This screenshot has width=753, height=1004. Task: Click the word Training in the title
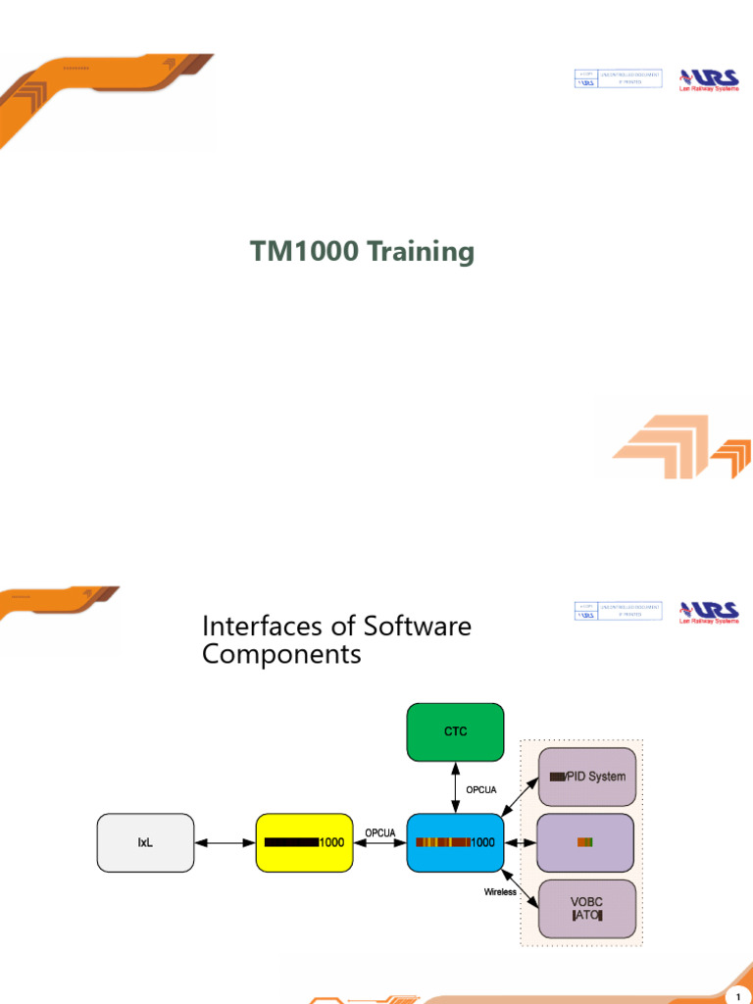click(421, 253)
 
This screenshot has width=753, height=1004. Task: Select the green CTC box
click(455, 731)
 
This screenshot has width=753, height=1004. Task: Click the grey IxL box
click(144, 841)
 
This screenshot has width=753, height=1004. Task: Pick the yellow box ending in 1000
click(304, 841)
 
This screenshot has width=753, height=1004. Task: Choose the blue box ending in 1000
click(455, 841)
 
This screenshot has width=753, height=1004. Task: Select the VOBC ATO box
click(588, 908)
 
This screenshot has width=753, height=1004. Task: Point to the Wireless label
click(500, 892)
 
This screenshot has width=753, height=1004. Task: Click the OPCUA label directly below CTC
click(481, 788)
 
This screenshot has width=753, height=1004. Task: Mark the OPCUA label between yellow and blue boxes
click(379, 832)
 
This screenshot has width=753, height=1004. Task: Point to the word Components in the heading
click(281, 654)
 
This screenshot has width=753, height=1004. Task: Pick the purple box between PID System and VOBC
click(588, 841)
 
